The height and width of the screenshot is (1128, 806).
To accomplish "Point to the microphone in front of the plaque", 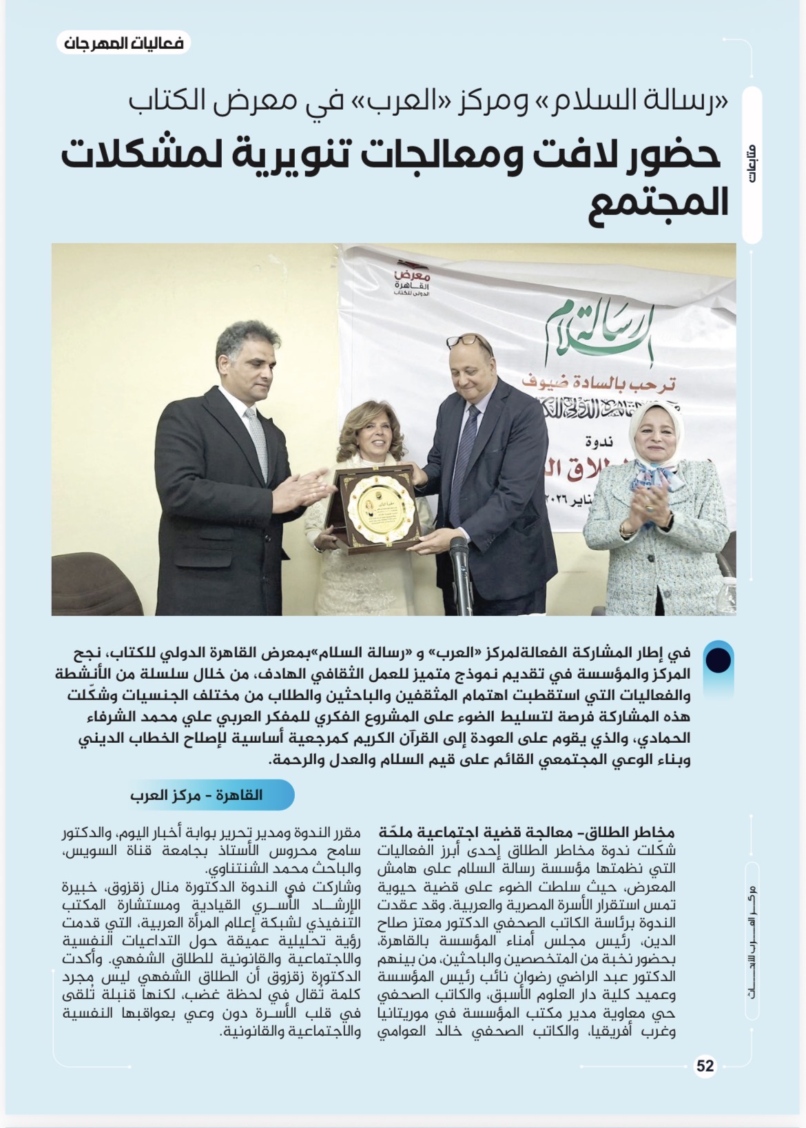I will tap(462, 579).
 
